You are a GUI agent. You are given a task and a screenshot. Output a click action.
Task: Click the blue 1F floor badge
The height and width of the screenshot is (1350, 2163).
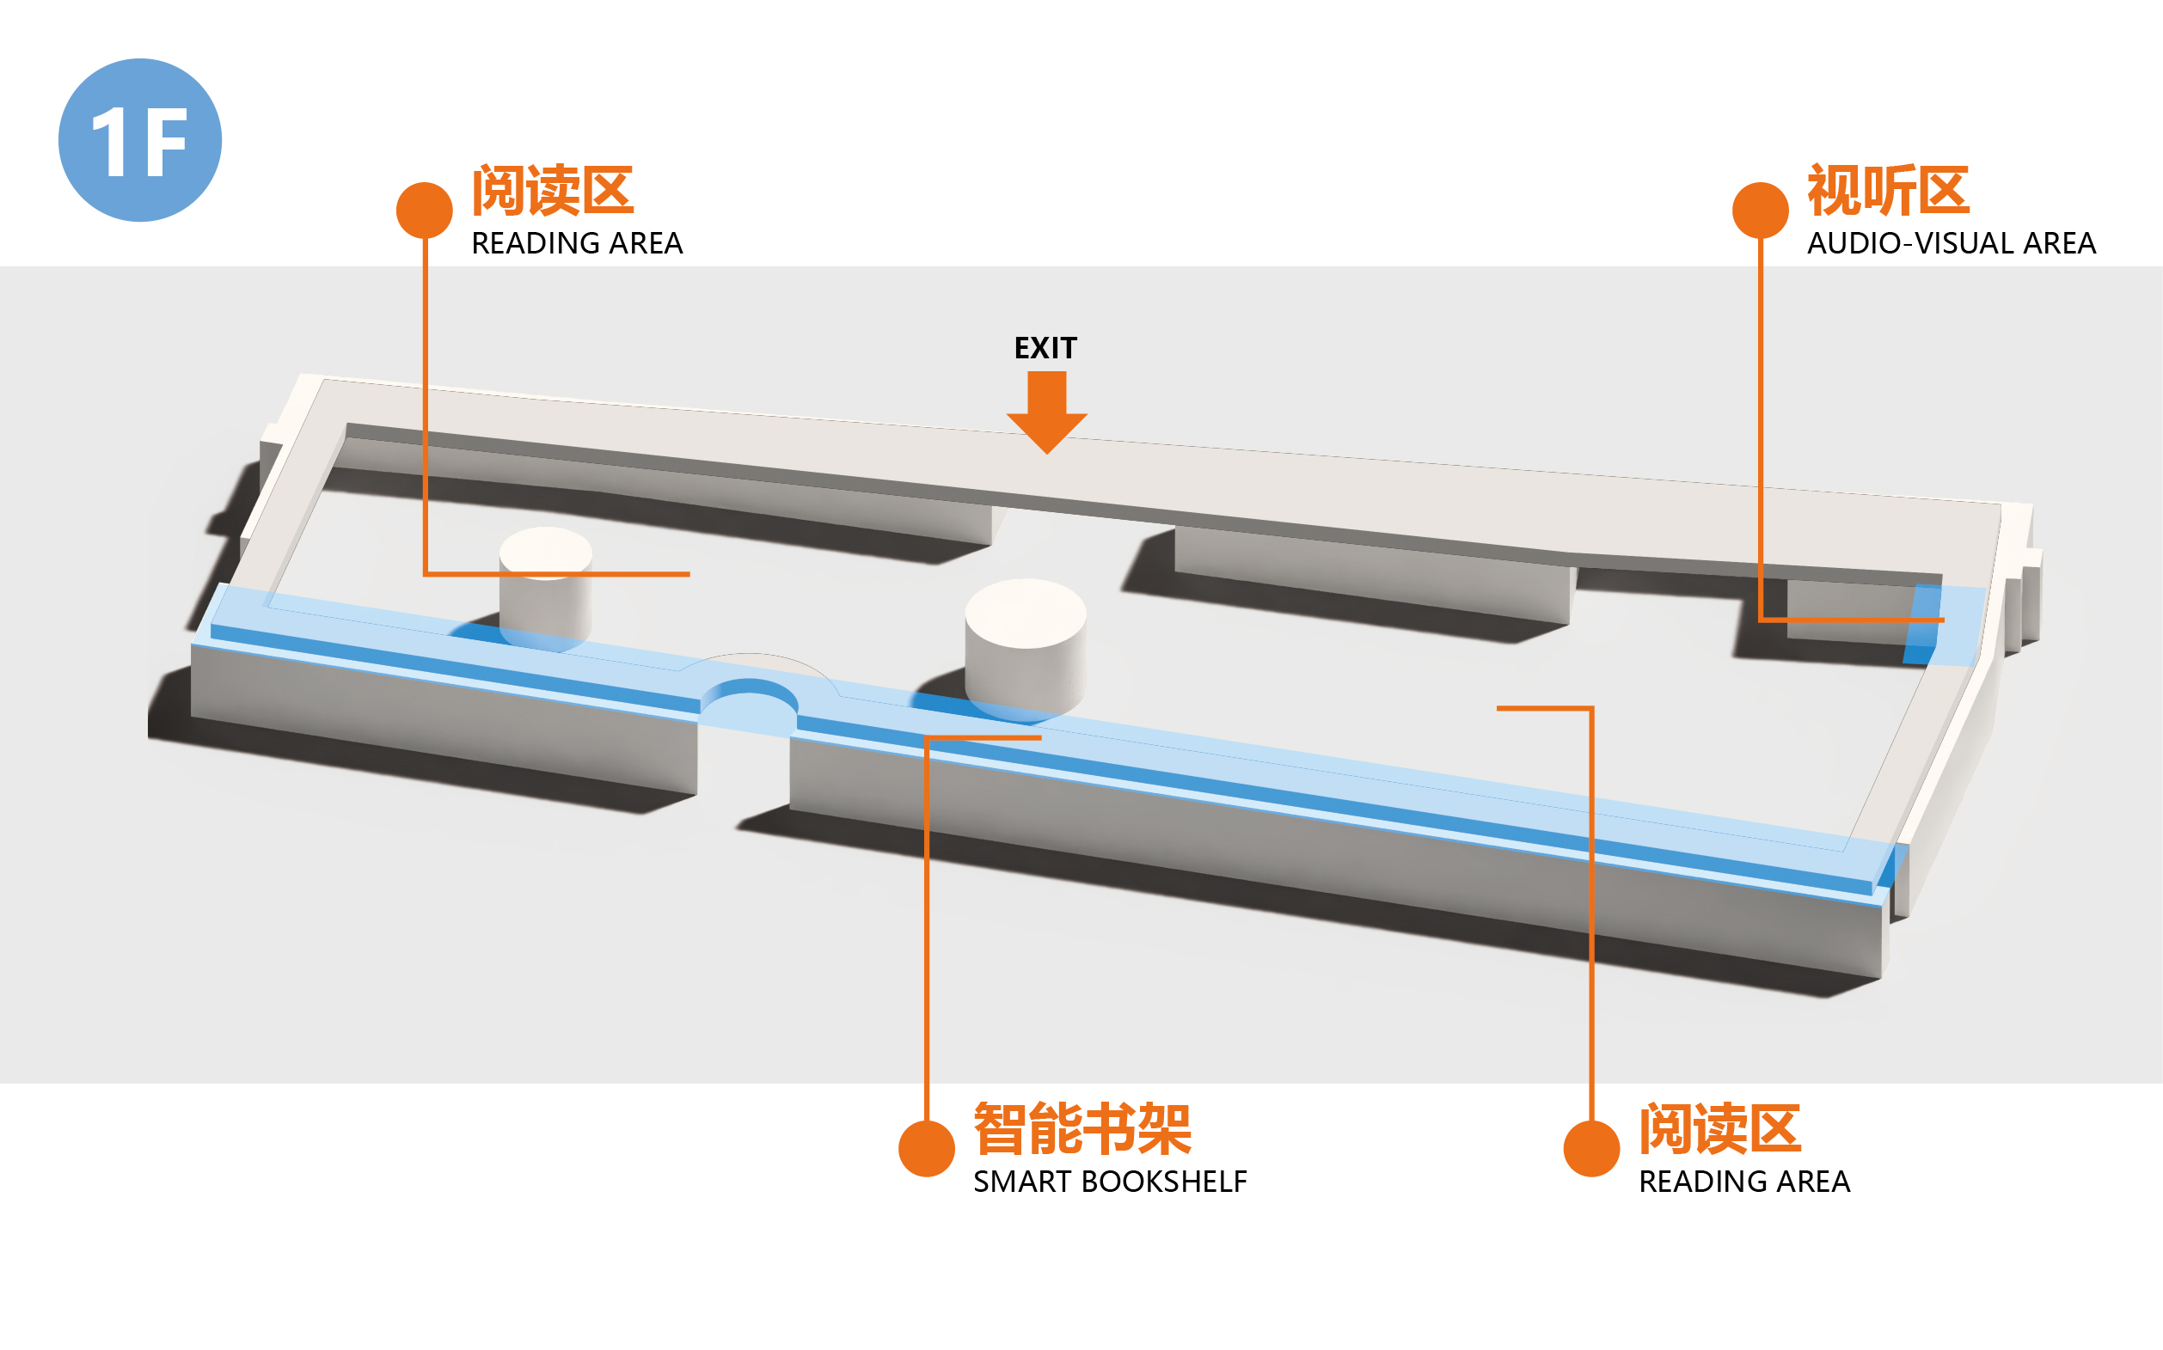[139, 140]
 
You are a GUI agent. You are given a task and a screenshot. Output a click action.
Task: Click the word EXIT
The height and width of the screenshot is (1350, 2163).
[1045, 347]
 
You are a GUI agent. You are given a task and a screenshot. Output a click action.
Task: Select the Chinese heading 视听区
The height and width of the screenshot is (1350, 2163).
[1887, 190]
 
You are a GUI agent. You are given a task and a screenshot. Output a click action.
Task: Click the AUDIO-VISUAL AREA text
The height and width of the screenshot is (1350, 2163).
[1951, 243]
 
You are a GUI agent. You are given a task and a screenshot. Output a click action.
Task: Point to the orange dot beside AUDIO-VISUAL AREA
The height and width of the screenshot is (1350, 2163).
[1759, 211]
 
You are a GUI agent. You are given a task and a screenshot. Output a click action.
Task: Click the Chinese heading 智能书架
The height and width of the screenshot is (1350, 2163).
[1081, 1128]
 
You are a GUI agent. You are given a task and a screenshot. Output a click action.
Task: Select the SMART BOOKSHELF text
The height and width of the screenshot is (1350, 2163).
[1109, 1182]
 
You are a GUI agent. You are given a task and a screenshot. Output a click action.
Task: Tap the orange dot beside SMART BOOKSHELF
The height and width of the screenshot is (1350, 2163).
[926, 1148]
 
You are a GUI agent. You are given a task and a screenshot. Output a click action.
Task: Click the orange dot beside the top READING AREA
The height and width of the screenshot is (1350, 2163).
[424, 211]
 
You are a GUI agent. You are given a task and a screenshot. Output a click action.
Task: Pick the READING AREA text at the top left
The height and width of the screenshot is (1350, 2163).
[576, 243]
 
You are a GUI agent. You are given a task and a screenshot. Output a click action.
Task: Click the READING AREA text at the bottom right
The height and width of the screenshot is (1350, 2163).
[1743, 1182]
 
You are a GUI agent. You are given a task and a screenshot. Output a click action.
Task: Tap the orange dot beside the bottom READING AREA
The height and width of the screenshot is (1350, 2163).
[1590, 1148]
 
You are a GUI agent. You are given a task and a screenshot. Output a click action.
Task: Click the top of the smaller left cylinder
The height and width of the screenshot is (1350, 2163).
[545, 550]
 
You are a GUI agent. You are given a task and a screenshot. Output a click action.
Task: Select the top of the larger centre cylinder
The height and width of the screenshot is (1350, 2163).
[1026, 612]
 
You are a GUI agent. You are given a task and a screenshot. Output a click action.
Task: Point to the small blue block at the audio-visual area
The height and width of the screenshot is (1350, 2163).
[1922, 624]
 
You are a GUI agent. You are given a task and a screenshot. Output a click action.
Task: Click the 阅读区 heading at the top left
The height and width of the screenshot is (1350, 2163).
[552, 190]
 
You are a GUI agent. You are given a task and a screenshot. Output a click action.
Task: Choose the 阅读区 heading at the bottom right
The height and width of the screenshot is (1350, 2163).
[1719, 1128]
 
